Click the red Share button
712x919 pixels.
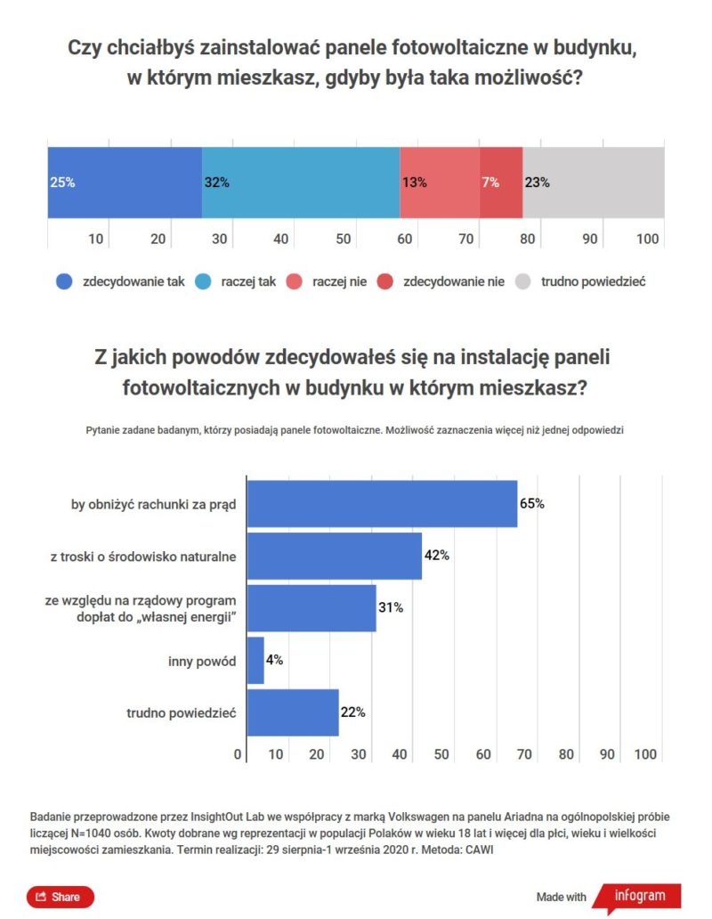60,897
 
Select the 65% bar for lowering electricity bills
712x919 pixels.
381,504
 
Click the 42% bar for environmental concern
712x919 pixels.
333,556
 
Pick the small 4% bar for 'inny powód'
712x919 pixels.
255,661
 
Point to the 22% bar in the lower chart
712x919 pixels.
292,712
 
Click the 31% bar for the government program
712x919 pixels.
311,608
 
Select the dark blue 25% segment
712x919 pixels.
125,183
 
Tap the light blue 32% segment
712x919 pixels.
301,183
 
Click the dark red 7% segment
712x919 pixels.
501,183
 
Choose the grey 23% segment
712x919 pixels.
594,183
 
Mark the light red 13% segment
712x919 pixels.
440,183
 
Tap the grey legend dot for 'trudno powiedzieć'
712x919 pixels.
523,281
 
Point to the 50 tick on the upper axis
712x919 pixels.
342,239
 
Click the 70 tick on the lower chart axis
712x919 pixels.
524,754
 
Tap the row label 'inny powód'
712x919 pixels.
202,662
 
